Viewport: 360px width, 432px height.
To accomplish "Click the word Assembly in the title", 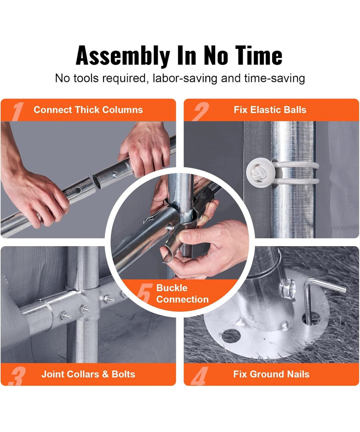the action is pos(123,56).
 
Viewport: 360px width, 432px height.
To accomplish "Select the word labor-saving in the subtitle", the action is pos(185,78).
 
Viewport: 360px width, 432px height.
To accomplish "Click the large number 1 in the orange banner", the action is pos(18,111).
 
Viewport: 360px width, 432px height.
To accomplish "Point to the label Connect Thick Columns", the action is pos(88,110).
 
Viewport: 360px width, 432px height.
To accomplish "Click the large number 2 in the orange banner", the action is pos(200,111).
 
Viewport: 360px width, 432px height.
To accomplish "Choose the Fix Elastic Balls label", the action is pos(270,110).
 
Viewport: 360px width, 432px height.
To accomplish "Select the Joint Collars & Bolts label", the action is pos(88,374).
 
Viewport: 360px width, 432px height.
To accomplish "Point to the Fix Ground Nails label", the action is pos(271,374).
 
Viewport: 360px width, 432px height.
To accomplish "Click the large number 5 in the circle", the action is pos(145,294).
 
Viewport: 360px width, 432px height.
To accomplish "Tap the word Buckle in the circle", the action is pos(172,288).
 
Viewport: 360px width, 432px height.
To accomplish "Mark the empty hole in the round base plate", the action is pos(231,335).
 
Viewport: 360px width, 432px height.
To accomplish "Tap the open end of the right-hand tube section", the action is pos(96,182).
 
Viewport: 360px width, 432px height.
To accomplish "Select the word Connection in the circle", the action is pos(183,300).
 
